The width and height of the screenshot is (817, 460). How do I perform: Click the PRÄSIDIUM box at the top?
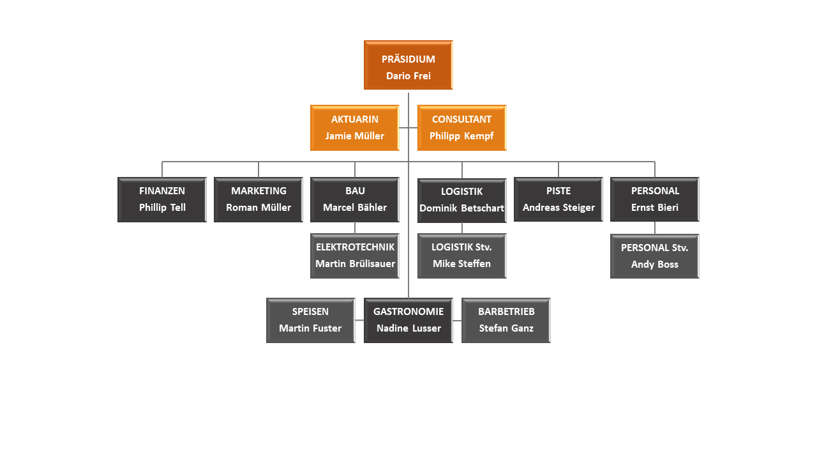[408, 65]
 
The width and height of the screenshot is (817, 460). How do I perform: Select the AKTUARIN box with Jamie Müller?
[354, 127]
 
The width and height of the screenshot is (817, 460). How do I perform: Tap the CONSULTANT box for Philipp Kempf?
[461, 127]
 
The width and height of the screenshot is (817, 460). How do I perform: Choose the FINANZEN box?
[162, 199]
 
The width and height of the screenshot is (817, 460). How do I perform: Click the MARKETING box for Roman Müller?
[259, 199]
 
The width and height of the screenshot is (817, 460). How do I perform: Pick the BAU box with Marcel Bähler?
[355, 199]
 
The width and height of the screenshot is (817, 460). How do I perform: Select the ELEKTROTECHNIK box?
[355, 256]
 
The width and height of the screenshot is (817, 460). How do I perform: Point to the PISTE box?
[558, 199]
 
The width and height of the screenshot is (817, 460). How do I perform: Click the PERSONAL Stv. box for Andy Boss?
[654, 256]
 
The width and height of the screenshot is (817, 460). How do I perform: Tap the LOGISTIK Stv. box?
[461, 256]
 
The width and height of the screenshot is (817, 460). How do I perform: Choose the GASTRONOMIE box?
[408, 320]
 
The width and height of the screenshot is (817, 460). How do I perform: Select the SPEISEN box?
[310, 320]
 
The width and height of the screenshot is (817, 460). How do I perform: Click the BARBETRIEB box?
[506, 320]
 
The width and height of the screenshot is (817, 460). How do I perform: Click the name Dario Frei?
[408, 75]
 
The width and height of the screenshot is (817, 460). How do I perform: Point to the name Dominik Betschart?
[461, 208]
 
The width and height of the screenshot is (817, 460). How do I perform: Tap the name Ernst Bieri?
[654, 208]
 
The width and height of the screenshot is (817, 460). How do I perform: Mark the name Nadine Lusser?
[408, 328]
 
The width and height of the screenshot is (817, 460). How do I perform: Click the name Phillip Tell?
[162, 208]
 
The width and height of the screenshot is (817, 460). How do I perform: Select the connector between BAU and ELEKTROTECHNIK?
[355, 227]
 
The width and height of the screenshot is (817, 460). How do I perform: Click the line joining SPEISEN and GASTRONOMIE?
[359, 320]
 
